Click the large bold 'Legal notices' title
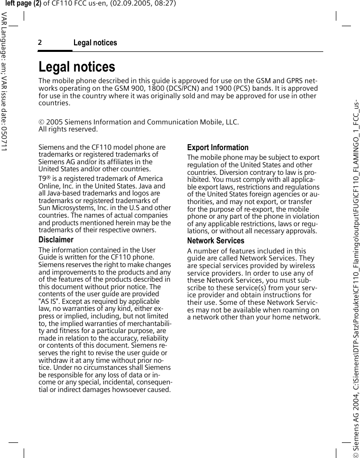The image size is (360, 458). pos(77,67)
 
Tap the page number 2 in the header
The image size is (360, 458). pos(40,43)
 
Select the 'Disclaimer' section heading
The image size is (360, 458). pos(56,240)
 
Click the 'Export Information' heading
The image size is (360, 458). pos(218,148)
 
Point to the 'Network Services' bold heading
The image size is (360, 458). pos(215,241)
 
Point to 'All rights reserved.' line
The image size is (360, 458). pos(68,129)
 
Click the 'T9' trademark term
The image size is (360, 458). pos(43,179)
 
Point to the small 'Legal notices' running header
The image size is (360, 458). pos(95,43)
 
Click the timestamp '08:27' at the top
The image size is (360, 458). pos(166,4)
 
